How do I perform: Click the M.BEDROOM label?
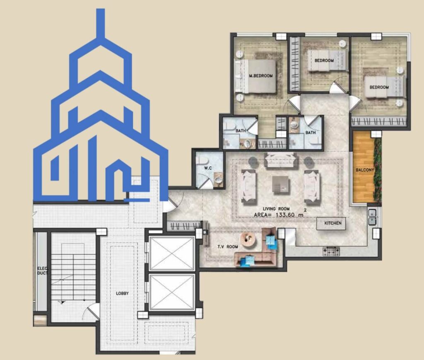point(261,76)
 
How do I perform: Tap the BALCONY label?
point(364,170)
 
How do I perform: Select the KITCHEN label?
point(333,223)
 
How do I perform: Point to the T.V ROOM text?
point(228,246)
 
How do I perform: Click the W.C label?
point(208,168)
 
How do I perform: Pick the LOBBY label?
point(122,293)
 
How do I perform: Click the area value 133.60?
point(285,215)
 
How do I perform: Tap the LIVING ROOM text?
point(276,209)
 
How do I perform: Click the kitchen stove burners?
point(331,251)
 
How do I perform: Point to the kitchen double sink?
point(372,217)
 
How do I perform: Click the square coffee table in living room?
point(281,185)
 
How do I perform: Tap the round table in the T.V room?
point(248,239)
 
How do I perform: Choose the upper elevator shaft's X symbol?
point(172,254)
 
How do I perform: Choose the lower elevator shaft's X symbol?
point(172,292)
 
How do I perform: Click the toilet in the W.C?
point(201,161)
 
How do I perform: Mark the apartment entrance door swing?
point(173,201)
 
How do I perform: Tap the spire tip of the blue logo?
point(101,9)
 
